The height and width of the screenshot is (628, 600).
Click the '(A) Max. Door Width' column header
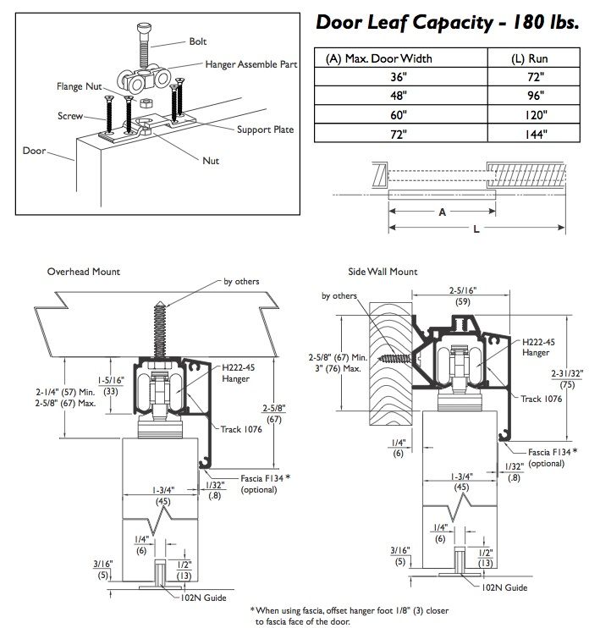(x=379, y=58)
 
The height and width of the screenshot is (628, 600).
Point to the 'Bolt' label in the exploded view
(x=199, y=41)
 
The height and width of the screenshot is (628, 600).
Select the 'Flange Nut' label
(x=74, y=86)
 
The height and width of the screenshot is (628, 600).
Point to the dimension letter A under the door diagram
(x=442, y=213)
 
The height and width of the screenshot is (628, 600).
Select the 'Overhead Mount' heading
(x=84, y=272)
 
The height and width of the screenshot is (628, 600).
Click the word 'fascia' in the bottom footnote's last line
(x=284, y=620)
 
